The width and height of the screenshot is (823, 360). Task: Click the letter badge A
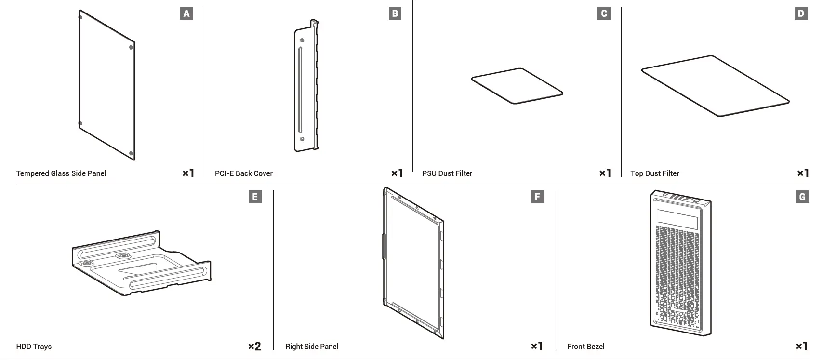(186, 13)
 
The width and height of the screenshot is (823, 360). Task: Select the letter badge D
(801, 13)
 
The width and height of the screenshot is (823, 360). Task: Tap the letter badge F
(537, 197)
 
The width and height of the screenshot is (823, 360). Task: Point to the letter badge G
(802, 197)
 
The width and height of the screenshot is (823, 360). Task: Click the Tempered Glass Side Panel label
(61, 173)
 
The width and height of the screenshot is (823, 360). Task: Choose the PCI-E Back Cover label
(244, 173)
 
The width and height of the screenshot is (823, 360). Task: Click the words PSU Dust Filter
(447, 173)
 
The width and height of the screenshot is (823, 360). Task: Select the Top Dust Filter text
(655, 173)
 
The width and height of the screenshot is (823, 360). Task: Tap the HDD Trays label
(34, 347)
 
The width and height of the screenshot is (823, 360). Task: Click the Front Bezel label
(586, 347)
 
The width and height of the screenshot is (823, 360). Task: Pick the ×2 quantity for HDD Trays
(254, 346)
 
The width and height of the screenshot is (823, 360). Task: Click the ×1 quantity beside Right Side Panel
(537, 346)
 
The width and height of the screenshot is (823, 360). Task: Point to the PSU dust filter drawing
(517, 86)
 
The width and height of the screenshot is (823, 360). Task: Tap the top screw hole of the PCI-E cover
(302, 40)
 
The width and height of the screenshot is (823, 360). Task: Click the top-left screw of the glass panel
(80, 18)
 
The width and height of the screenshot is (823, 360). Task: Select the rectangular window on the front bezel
(678, 219)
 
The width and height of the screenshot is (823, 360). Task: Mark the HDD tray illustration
(141, 263)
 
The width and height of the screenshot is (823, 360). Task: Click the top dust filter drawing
(715, 86)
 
